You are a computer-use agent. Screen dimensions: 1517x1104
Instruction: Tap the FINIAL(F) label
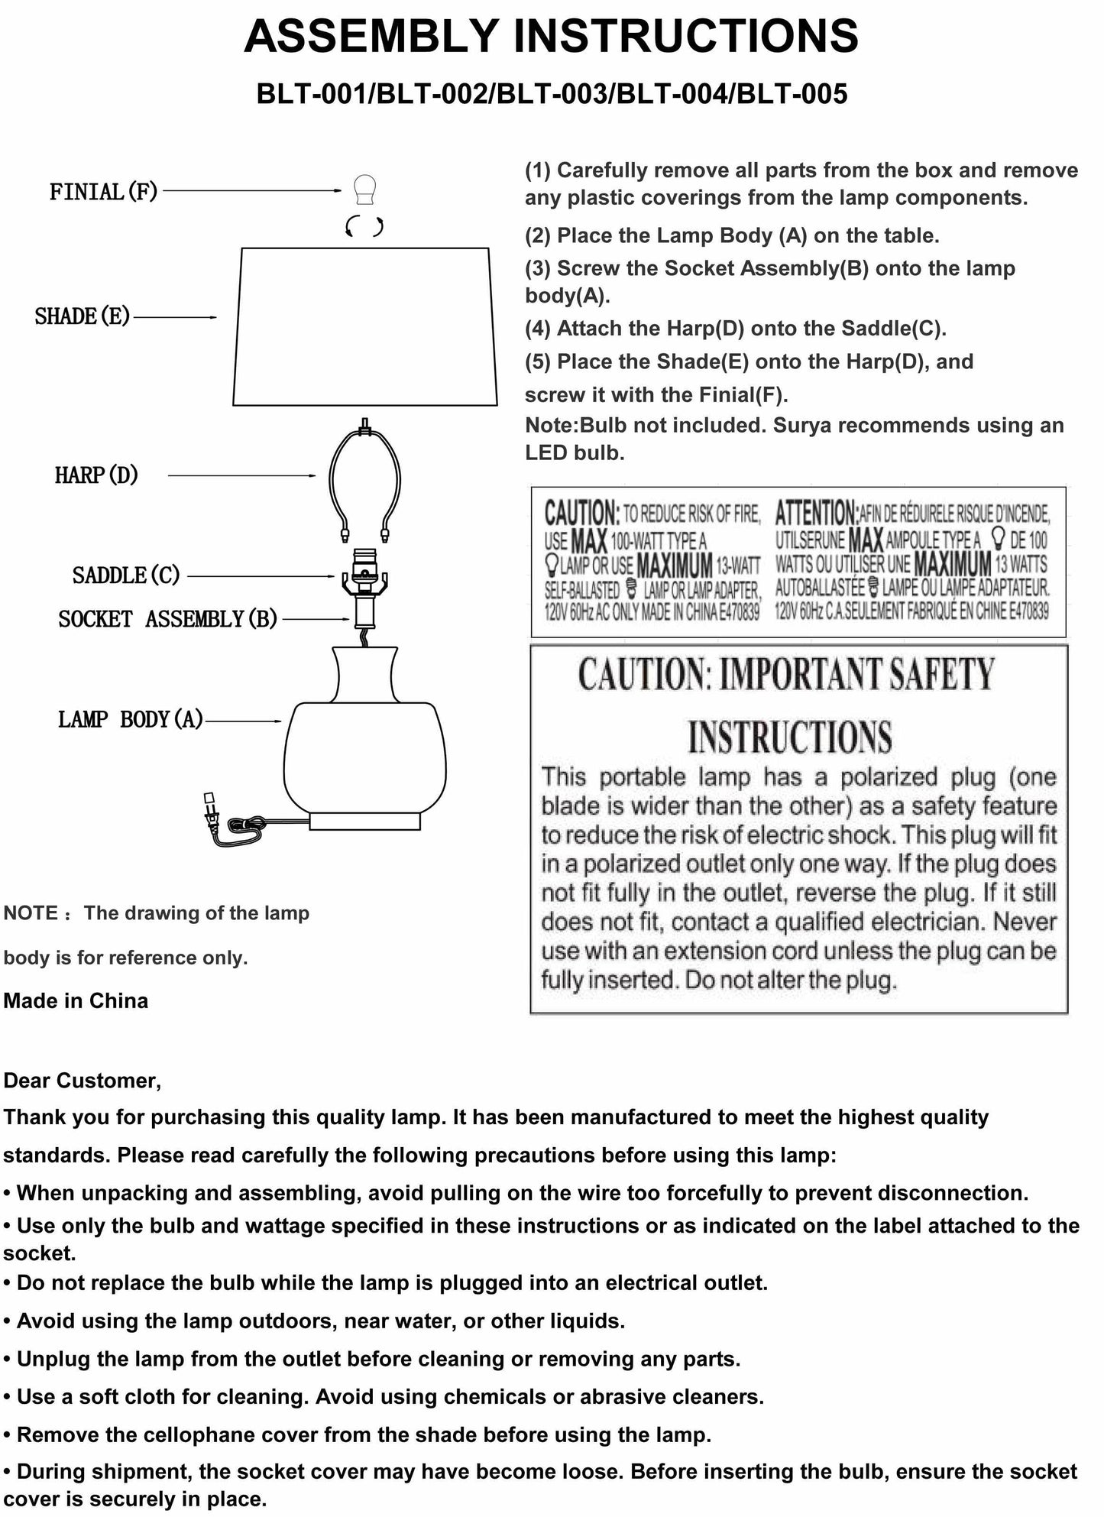pos(103,191)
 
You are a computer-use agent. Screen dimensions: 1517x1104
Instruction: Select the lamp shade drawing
pos(364,326)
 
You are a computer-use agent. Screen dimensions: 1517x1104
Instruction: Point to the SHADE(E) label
pos(83,316)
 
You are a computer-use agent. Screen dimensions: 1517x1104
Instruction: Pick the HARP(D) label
pos(96,475)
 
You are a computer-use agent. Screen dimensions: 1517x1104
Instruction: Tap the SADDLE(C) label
pos(126,575)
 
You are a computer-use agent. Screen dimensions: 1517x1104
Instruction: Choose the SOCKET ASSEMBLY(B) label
pos(167,619)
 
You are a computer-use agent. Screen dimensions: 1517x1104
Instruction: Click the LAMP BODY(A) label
pos(131,720)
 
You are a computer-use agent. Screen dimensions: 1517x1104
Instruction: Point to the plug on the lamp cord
pos(210,815)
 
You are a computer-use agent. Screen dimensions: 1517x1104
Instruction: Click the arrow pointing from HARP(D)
pos(241,475)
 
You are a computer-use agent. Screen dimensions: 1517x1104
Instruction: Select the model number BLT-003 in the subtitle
pos(551,94)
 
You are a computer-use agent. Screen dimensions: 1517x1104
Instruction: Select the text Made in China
pos(76,1001)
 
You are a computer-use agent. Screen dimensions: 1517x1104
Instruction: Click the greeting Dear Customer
pos(82,1081)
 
